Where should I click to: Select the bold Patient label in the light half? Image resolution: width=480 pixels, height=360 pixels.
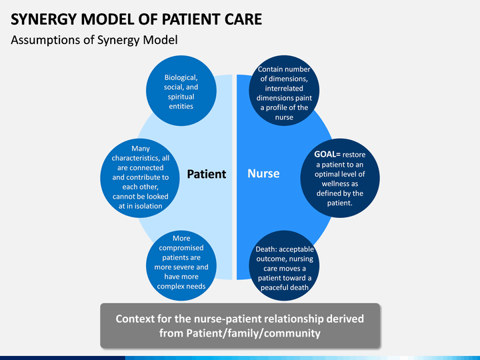[x=206, y=174]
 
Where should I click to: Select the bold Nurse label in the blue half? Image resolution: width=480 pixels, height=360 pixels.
[x=263, y=173]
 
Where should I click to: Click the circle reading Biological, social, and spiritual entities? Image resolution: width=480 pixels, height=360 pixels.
[x=181, y=91]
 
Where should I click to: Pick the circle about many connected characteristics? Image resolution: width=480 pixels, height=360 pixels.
[x=140, y=178]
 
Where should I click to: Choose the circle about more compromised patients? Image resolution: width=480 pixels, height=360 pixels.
[x=181, y=265]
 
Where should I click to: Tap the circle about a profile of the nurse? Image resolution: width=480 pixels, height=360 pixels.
[x=284, y=91]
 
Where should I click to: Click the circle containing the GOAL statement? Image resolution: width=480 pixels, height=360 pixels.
[x=340, y=178]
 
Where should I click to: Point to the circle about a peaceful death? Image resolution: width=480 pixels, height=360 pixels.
[x=284, y=265]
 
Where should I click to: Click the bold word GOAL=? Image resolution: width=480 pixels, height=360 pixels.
[x=327, y=154]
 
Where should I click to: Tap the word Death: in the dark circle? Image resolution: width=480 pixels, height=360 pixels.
[x=266, y=249]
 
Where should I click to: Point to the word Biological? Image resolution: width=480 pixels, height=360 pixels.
[x=181, y=77]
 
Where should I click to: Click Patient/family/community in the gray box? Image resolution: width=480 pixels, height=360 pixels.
[x=253, y=333]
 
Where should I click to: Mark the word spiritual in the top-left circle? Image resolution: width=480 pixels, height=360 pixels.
[x=181, y=97]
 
